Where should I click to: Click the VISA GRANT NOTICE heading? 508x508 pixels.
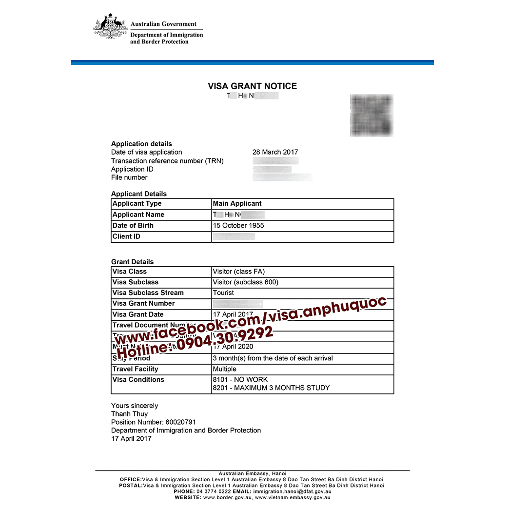pyautogui.click(x=252, y=86)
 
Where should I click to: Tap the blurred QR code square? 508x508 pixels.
pyautogui.click(x=371, y=116)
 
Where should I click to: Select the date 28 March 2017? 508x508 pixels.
pyautogui.click(x=275, y=152)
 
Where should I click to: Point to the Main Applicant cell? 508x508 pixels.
pyautogui.click(x=237, y=204)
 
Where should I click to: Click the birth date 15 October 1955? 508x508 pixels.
pyautogui.click(x=238, y=226)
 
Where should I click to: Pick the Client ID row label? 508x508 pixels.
pyautogui.click(x=126, y=236)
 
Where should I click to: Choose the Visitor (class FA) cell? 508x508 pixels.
pyautogui.click(x=239, y=272)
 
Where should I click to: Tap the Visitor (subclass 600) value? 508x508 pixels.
pyautogui.click(x=246, y=282)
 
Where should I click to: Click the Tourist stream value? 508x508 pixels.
pyautogui.click(x=223, y=293)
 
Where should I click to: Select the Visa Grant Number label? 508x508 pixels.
pyautogui.click(x=143, y=304)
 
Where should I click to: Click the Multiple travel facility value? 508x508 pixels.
pyautogui.click(x=224, y=369)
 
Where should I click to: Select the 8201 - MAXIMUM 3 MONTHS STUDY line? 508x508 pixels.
pyautogui.click(x=271, y=388)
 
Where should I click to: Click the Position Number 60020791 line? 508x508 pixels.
pyautogui.click(x=154, y=422)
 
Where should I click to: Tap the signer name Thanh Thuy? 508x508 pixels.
pyautogui.click(x=129, y=414)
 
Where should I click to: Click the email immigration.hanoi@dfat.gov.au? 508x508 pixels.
pyautogui.click(x=293, y=492)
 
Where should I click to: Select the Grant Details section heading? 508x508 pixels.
pyautogui.click(x=132, y=262)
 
